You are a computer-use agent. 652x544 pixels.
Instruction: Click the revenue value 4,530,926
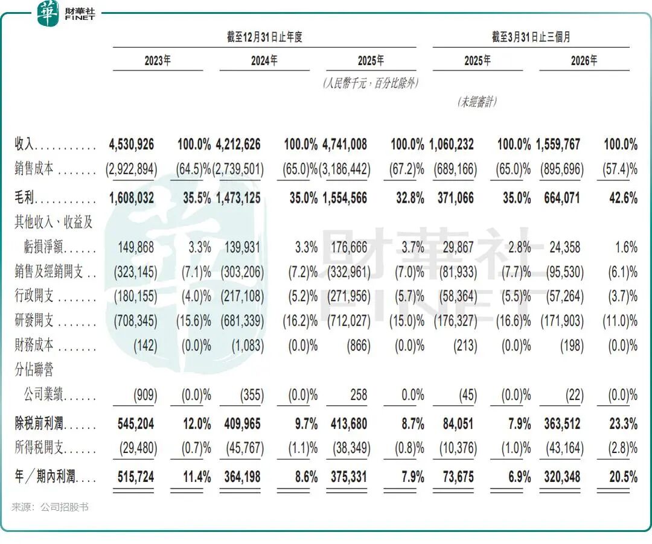point(132,145)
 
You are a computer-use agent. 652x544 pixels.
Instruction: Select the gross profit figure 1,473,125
point(238,198)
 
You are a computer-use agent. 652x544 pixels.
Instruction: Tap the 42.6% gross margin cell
point(623,198)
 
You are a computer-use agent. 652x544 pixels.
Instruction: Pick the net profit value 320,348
point(562,476)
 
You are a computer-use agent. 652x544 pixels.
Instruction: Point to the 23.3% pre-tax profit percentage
point(623,423)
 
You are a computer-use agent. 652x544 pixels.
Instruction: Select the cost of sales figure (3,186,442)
point(345,169)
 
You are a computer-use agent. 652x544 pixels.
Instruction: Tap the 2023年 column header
point(158,61)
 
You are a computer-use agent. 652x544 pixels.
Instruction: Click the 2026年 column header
point(584,61)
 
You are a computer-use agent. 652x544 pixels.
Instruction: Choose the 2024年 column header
point(264,61)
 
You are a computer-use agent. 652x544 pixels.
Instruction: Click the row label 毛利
point(25,198)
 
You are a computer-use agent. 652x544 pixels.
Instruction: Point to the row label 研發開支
point(34,320)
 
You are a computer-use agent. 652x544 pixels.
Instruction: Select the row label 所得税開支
point(39,448)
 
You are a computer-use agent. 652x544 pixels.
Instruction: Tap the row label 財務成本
point(34,344)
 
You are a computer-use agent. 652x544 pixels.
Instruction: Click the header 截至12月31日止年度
point(264,37)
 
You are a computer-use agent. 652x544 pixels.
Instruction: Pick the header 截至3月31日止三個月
point(531,37)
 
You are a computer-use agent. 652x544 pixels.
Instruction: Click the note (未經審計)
point(478,102)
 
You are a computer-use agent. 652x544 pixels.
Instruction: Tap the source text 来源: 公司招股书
point(50,507)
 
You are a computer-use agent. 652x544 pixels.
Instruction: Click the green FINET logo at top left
point(48,13)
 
